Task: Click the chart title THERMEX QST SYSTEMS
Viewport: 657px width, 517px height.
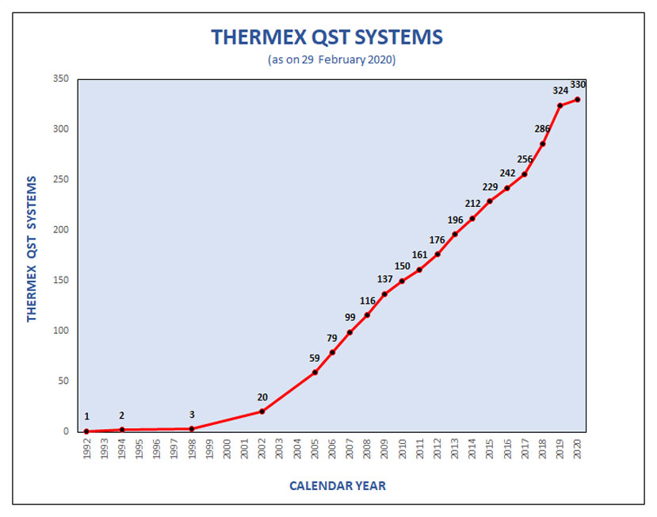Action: [327, 37]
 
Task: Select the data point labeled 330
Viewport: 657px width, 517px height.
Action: [578, 99]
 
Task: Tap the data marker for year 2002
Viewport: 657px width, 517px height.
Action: [262, 412]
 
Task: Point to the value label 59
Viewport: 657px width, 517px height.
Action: [315, 358]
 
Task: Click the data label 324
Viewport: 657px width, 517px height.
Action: [560, 90]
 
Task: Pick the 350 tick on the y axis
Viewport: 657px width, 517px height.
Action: [61, 79]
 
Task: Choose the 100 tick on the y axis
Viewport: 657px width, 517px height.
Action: [61, 331]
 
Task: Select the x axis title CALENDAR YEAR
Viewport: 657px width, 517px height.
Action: [337, 485]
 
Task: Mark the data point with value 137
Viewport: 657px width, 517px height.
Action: [384, 294]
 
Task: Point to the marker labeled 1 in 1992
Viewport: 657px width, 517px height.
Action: [86, 431]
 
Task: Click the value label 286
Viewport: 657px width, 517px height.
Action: [543, 128]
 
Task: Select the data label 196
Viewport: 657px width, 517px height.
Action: [455, 220]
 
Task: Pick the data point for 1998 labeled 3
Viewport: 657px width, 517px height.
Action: [192, 429]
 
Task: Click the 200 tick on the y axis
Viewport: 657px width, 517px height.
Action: [61, 230]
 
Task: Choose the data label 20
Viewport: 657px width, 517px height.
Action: [262, 397]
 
